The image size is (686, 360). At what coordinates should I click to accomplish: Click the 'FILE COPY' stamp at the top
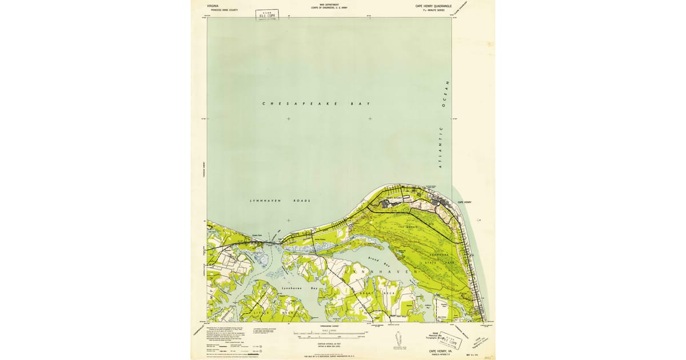267,15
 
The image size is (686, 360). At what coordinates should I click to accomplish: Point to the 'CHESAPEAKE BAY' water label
316,104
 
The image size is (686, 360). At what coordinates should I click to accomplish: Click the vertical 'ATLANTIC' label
441,147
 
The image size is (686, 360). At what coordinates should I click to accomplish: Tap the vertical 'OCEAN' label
448,94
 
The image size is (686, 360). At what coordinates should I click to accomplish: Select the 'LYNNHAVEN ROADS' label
280,201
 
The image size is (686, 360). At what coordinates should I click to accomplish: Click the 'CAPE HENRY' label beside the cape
464,202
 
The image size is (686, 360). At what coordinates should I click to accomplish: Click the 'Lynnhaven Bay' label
299,289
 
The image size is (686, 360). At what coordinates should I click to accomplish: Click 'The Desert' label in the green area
408,227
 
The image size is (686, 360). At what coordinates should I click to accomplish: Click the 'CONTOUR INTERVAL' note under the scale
329,343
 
